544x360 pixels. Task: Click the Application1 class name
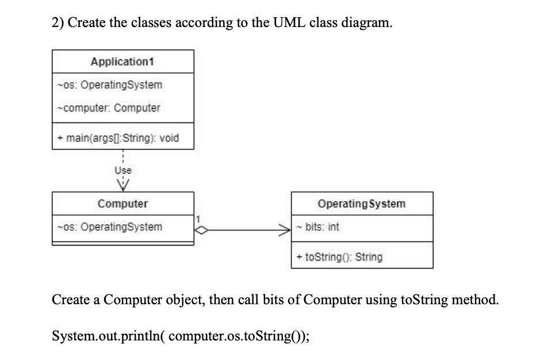click(x=123, y=61)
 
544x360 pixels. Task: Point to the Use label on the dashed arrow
click(x=123, y=170)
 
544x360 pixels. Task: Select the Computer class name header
click(x=122, y=204)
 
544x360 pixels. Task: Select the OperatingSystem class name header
click(x=362, y=204)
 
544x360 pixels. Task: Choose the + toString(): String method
click(x=340, y=257)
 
